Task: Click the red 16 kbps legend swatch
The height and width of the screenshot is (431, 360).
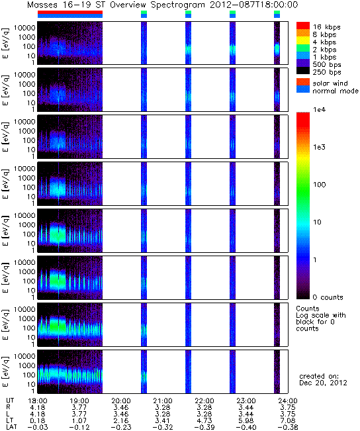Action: pos(303,26)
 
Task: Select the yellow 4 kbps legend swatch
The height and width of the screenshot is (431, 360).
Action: pos(303,40)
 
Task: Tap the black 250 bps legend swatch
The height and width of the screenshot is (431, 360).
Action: pos(303,71)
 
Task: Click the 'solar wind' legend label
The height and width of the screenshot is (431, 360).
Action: pos(330,83)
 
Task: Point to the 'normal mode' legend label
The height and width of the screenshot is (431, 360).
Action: pos(336,91)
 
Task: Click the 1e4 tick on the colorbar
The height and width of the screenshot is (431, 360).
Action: pos(320,110)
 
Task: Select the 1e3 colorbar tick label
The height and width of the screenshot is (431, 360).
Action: pos(320,147)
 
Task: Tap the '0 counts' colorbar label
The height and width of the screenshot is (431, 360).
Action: pos(328,297)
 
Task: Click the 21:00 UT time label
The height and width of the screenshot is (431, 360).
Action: pos(163,401)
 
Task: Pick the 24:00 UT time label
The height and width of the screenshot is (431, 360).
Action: pos(288,401)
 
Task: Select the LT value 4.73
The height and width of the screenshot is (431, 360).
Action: pos(204,420)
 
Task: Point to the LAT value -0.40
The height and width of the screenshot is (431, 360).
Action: pos(246,428)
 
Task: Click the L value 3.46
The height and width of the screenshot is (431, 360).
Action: pos(121,414)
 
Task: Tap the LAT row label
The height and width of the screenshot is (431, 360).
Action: pos(11,428)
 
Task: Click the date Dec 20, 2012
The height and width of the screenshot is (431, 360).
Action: pos(323,383)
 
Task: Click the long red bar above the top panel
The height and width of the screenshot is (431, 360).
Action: pos(70,13)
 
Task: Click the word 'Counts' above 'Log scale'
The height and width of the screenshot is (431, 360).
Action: pos(308,309)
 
